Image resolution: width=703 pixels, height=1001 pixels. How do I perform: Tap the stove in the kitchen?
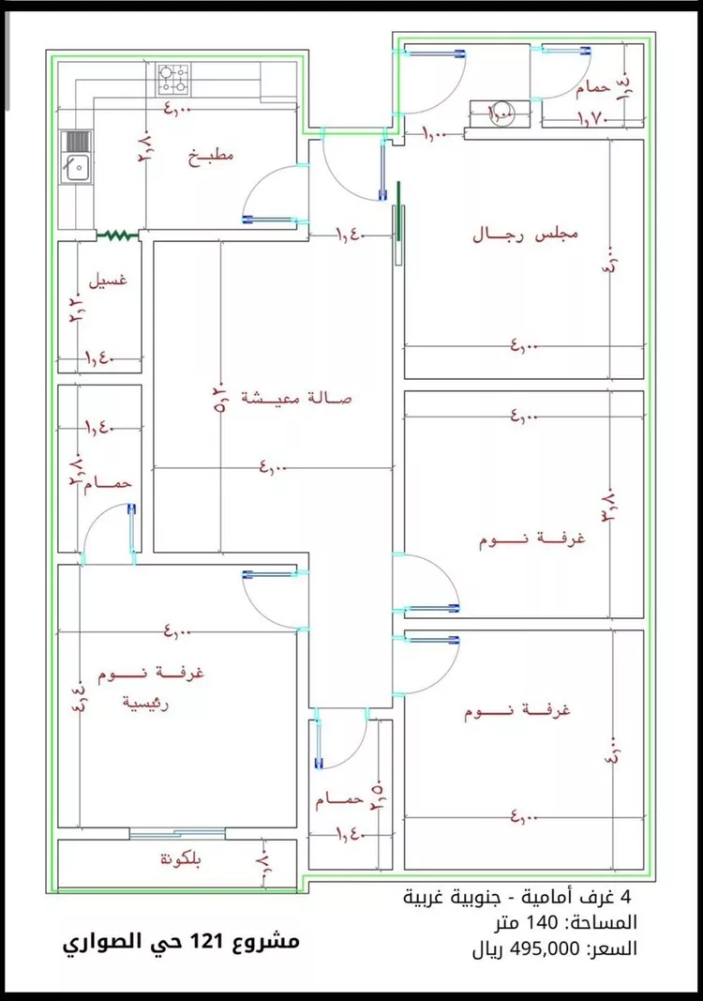coord(172,79)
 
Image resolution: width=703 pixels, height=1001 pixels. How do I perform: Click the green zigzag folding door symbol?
coord(118,235)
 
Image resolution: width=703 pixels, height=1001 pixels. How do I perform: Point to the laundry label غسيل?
coord(108,281)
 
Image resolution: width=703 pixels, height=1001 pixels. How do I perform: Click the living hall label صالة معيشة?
coord(295,397)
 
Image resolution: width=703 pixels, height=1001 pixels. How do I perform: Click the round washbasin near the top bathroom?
coord(501,112)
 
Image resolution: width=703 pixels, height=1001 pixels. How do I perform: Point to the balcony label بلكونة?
coord(178,859)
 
